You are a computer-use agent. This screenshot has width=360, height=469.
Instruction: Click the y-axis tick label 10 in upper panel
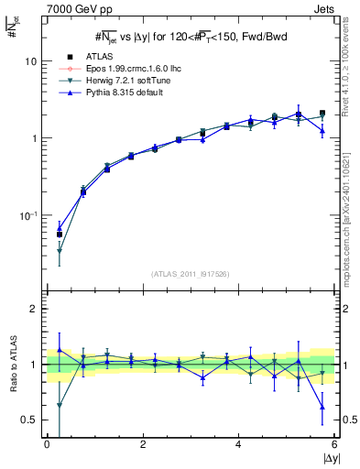(30, 61)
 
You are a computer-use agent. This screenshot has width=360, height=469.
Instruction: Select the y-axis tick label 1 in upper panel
(34, 138)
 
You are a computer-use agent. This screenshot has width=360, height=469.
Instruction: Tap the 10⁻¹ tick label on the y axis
(28, 215)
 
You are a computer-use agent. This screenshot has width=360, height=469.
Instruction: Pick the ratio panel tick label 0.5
(29, 420)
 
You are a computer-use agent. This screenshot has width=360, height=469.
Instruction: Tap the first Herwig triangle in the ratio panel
(60, 406)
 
